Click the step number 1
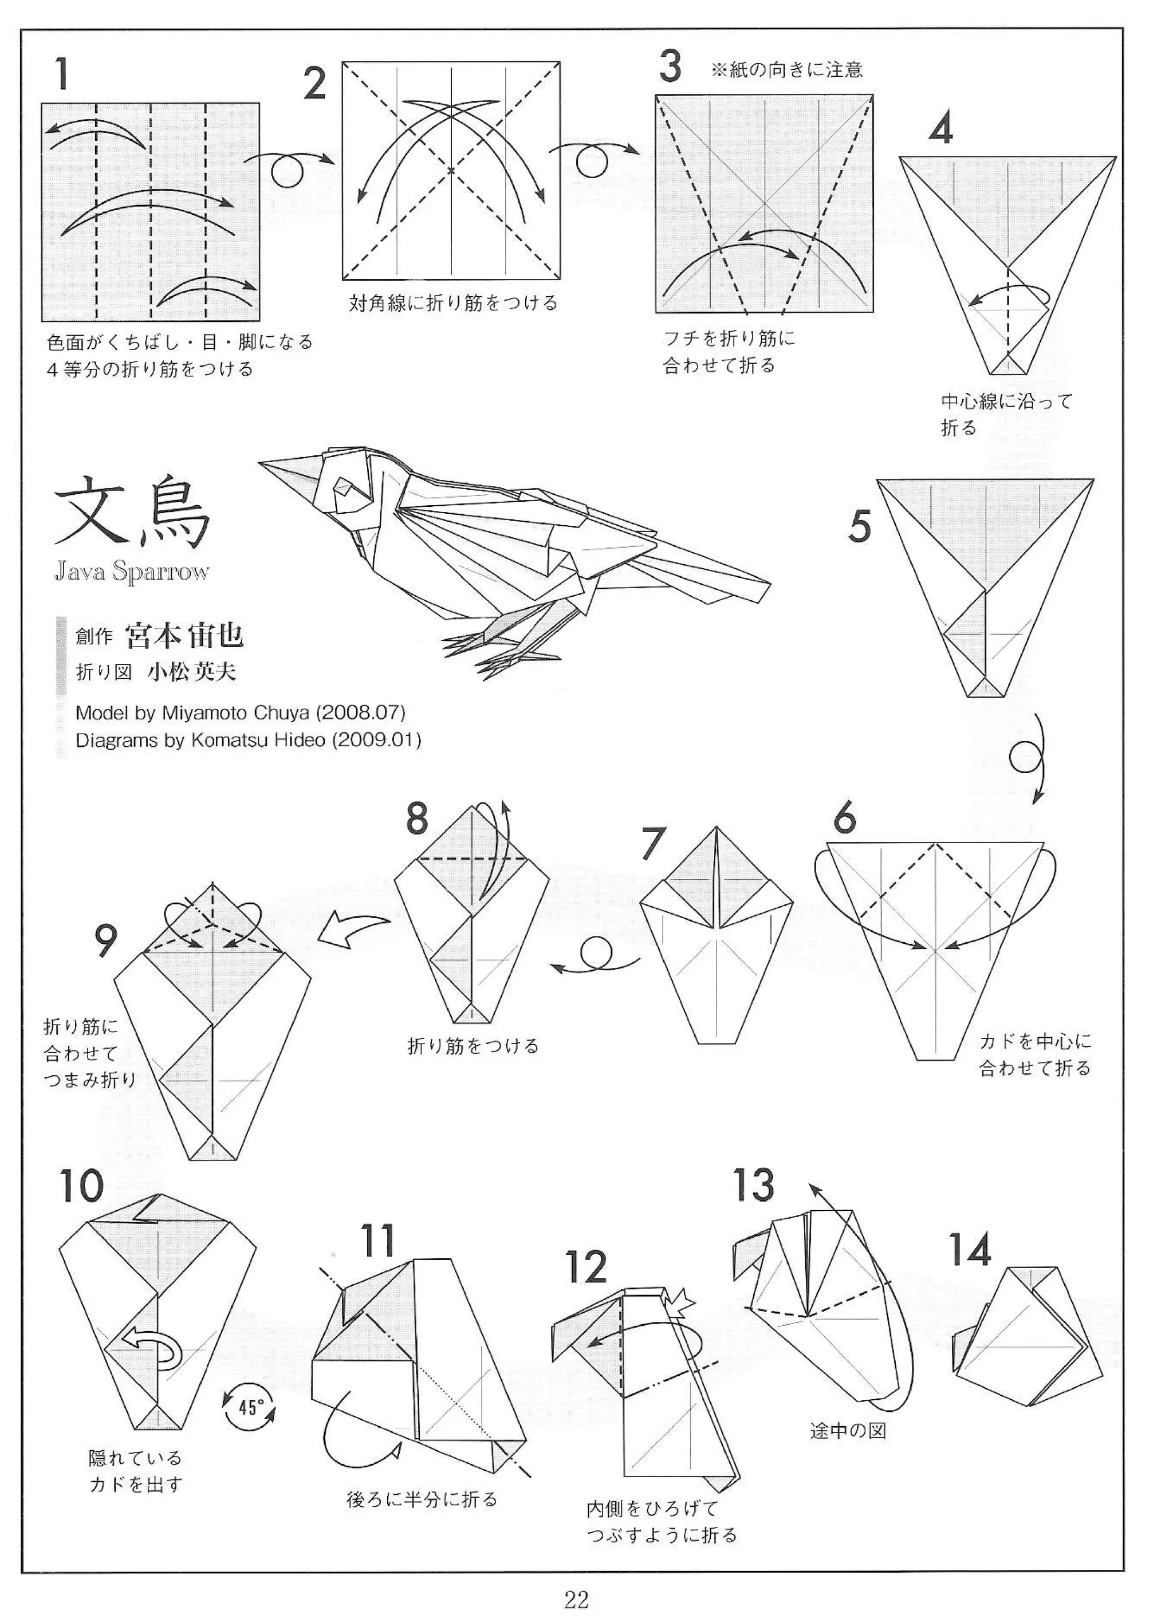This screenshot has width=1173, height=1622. (x=63, y=74)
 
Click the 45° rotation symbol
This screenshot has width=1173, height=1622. (x=248, y=1407)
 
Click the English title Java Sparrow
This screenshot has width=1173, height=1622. (x=132, y=572)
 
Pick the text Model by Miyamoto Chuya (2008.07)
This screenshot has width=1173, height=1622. (x=241, y=712)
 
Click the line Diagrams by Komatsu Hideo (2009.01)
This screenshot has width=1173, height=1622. (x=248, y=739)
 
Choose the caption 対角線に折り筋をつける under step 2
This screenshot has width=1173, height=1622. (x=452, y=303)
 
